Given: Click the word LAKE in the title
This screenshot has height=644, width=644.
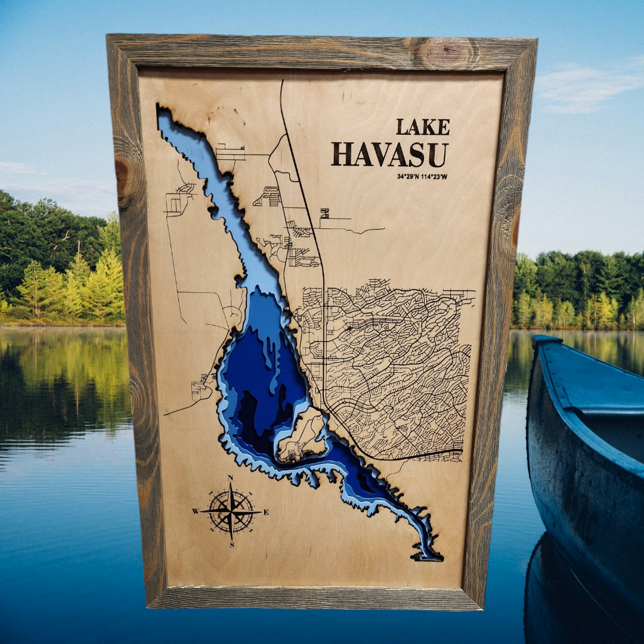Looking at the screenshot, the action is [423, 127].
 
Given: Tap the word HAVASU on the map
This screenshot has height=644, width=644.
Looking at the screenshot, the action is [390, 154].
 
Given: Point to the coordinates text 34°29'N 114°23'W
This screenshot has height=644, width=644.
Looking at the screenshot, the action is [422, 177].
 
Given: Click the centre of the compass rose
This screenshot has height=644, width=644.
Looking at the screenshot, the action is [231, 512].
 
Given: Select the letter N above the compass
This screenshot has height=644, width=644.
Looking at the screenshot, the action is [231, 478].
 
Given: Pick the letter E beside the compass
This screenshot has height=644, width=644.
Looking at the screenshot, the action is [266, 512].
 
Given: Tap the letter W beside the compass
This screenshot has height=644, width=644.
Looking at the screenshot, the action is [195, 512].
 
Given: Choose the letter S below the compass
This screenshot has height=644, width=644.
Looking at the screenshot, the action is [231, 544].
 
